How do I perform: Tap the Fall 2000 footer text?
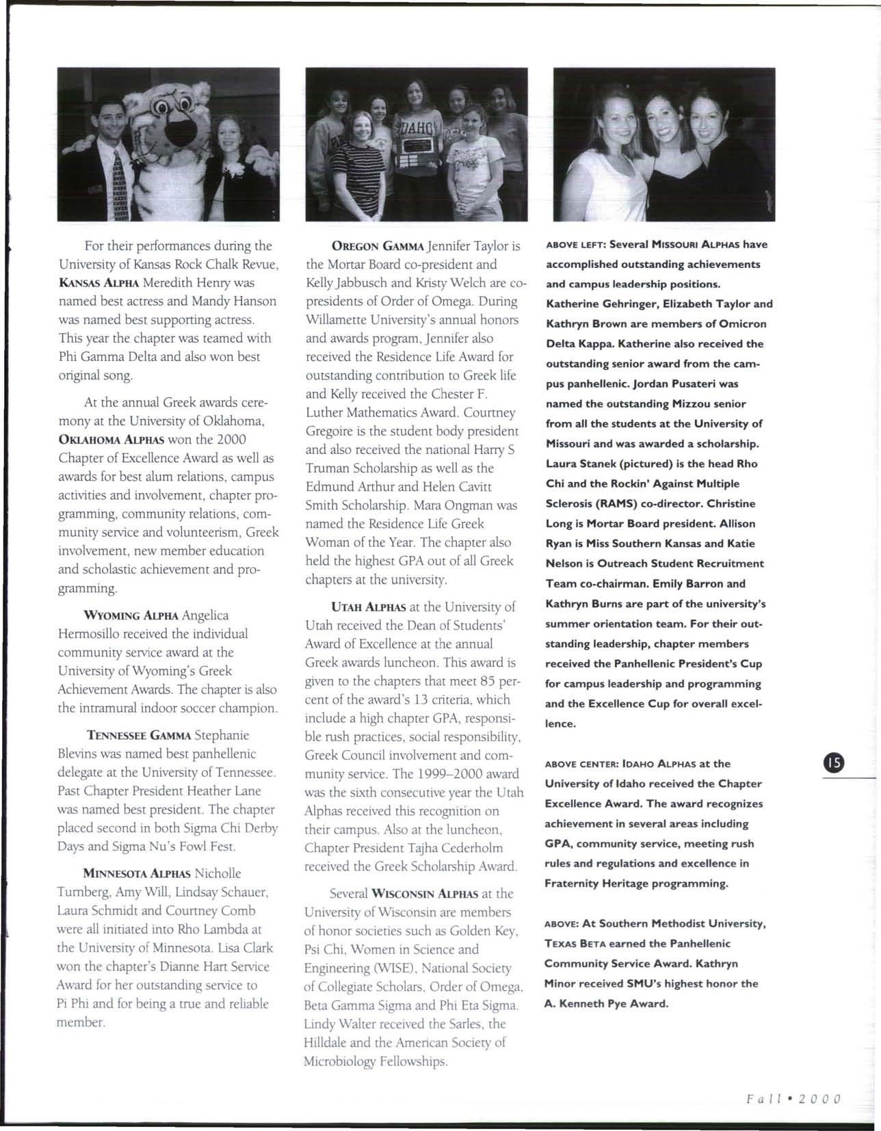click(793, 1100)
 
